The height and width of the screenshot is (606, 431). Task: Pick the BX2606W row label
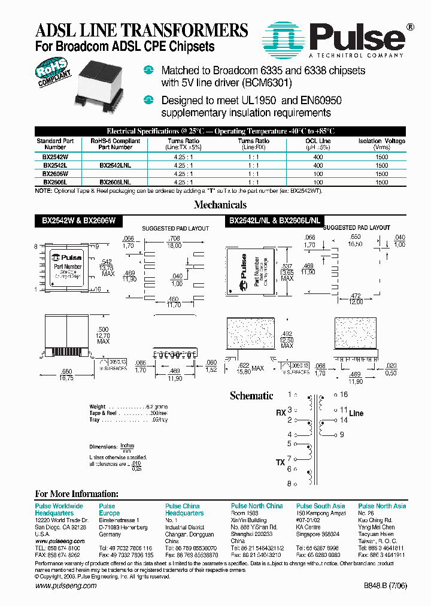click(55, 172)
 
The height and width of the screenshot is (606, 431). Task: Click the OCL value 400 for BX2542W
click(318, 156)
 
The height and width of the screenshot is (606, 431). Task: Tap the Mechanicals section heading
click(220, 205)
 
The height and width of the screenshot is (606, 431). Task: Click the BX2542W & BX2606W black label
click(78, 220)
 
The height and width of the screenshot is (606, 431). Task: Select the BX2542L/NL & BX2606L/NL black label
click(275, 220)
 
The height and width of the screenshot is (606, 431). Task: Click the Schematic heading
click(251, 396)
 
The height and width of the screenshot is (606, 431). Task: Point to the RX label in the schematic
click(280, 413)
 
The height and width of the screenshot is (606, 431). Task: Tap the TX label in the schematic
click(280, 463)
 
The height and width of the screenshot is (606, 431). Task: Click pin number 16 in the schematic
click(344, 395)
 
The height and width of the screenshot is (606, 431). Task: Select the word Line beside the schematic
click(356, 413)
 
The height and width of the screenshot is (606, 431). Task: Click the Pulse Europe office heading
click(109, 510)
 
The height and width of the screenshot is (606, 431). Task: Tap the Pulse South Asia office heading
click(320, 506)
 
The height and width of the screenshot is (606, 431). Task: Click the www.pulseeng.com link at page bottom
click(66, 586)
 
